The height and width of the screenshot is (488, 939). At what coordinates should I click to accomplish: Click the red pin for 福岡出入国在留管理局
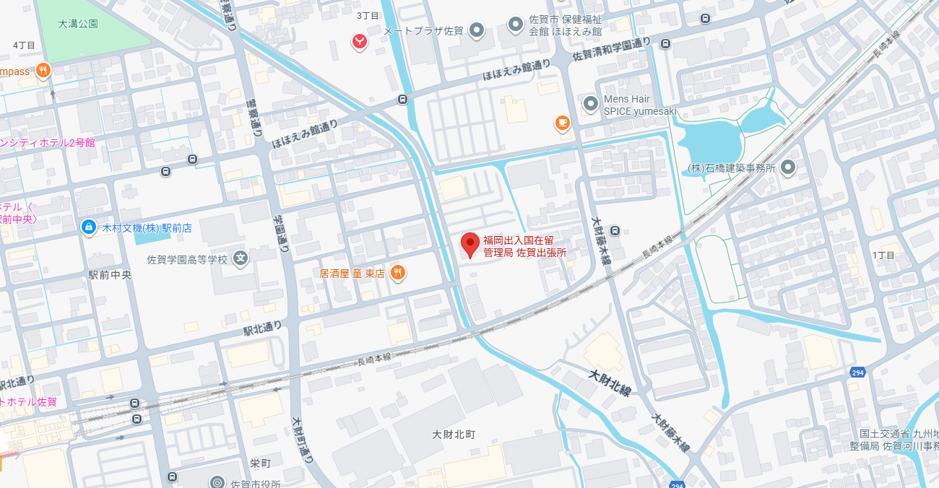pos(470,245)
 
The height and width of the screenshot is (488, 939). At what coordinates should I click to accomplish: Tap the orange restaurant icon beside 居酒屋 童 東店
pos(397,273)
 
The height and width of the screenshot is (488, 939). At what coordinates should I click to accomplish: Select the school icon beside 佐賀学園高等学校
pos(241,258)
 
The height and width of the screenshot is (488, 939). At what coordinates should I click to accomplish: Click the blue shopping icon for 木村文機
pos(88,227)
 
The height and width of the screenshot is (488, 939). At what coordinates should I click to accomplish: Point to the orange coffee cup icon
pos(563,123)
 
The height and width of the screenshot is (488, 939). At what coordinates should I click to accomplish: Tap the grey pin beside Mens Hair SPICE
pos(591,105)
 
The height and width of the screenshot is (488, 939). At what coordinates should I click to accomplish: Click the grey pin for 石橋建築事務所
pos(788,167)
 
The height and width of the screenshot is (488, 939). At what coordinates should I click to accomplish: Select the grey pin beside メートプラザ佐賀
pos(476,30)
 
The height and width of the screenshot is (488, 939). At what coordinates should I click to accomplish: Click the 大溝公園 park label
pos(78,24)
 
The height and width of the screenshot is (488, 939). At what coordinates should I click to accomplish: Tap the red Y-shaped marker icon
pos(359,42)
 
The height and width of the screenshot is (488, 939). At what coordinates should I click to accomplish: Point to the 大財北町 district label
pos(454,435)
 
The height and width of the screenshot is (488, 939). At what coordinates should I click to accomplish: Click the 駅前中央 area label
pos(110,275)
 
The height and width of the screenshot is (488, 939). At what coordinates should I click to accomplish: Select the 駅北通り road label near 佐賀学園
pos(262,329)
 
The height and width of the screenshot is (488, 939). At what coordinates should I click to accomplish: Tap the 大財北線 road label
pos(610,385)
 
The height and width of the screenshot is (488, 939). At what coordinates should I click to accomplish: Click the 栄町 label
pos(260,463)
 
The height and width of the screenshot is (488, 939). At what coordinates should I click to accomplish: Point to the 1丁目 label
pos(883,256)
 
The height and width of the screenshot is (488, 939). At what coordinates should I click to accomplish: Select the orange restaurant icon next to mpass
pos(44,71)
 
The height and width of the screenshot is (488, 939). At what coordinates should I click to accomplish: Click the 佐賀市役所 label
pos(255,483)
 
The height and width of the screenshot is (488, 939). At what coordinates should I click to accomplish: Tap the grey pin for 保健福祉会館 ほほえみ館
pos(516,25)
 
